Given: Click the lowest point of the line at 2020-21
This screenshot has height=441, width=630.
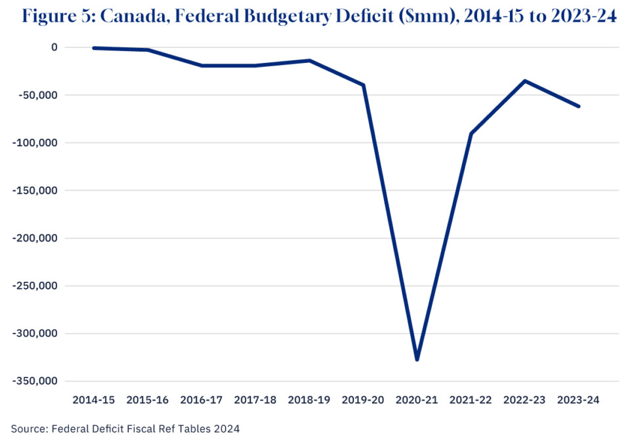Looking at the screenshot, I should click(x=417, y=359).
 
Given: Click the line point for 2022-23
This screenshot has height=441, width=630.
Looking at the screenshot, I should click(x=524, y=81).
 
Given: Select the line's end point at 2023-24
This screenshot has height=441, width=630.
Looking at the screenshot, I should click(x=578, y=106).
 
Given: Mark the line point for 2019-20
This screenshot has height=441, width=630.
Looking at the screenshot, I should click(x=364, y=85).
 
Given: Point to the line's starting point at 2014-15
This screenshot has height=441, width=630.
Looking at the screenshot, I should click(x=94, y=48).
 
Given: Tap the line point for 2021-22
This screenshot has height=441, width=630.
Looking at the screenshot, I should click(x=471, y=134).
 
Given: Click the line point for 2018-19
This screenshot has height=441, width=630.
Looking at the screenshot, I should click(x=309, y=60).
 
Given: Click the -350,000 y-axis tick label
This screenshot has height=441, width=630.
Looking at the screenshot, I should click(x=35, y=381).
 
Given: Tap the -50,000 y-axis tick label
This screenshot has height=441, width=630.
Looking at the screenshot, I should click(x=37, y=95).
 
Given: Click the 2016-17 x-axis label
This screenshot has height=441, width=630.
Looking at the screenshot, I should click(x=201, y=399).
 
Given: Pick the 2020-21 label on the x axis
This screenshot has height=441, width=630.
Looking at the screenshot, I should click(x=417, y=399).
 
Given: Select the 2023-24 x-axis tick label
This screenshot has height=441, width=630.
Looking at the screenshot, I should click(x=578, y=399).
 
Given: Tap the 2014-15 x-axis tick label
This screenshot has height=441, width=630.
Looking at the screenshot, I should click(x=94, y=399).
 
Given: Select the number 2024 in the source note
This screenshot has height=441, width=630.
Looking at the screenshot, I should click(x=224, y=429).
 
